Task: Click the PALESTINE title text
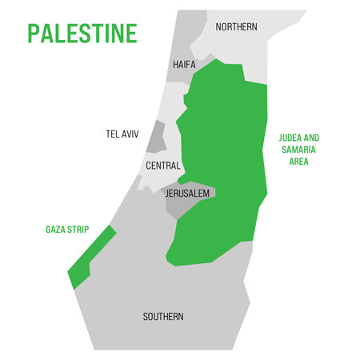click(x=82, y=33)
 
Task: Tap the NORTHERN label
click(x=237, y=27)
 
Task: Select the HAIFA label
click(x=183, y=65)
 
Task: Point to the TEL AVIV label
click(x=122, y=134)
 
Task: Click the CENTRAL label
click(x=162, y=166)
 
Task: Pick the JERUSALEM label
click(x=187, y=194)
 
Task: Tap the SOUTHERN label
click(x=163, y=316)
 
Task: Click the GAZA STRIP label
click(x=66, y=230)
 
